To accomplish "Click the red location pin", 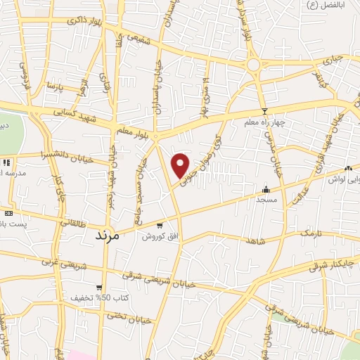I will (x=181, y=165).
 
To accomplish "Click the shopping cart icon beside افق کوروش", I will (x=161, y=226).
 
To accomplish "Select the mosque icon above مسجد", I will (x=266, y=190).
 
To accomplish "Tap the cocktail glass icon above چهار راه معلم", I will (x=264, y=112).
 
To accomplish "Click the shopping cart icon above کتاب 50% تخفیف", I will (x=99, y=288).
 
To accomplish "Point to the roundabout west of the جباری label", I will (x=253, y=65).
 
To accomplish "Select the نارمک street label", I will (x=309, y=232).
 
